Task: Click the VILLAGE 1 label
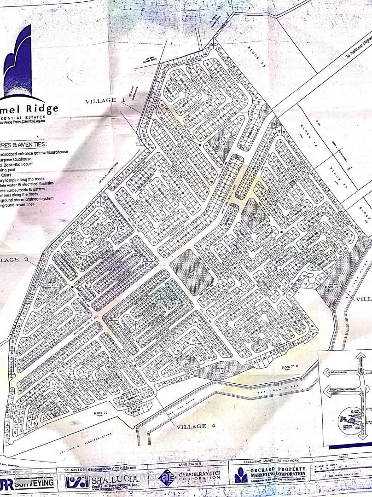point(105,100)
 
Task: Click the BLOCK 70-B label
point(291,367)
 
